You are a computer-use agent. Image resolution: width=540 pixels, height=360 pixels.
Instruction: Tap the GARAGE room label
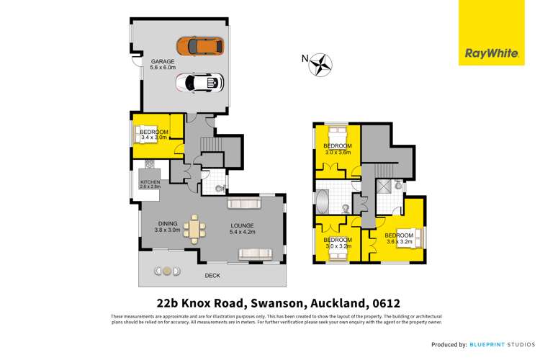click(162, 61)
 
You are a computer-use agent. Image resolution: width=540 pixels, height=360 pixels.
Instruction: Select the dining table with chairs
click(194, 230)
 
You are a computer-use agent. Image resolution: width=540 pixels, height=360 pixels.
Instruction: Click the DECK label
click(212, 276)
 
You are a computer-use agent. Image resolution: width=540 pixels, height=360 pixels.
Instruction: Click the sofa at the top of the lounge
click(248, 204)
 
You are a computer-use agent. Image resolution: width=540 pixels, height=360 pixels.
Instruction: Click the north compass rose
click(319, 65)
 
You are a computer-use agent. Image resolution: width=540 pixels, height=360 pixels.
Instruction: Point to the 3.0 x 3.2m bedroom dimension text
click(337, 246)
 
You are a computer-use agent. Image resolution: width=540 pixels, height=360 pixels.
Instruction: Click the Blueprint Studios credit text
click(505, 345)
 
